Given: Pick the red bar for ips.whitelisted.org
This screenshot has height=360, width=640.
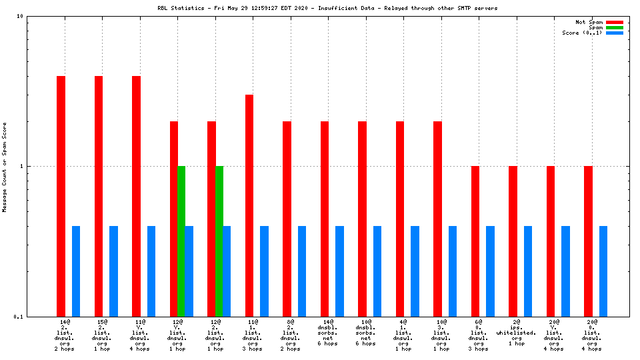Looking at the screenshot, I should point(513,241).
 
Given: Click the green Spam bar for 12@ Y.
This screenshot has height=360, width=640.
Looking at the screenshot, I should point(181,241).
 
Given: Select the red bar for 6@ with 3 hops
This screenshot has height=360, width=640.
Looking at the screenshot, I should point(475,241).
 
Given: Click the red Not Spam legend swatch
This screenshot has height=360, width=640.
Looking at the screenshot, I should point(614,22).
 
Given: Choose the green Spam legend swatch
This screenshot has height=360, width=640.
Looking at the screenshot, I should point(614,27).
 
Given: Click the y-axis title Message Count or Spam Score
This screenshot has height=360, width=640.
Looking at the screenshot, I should point(5,167).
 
